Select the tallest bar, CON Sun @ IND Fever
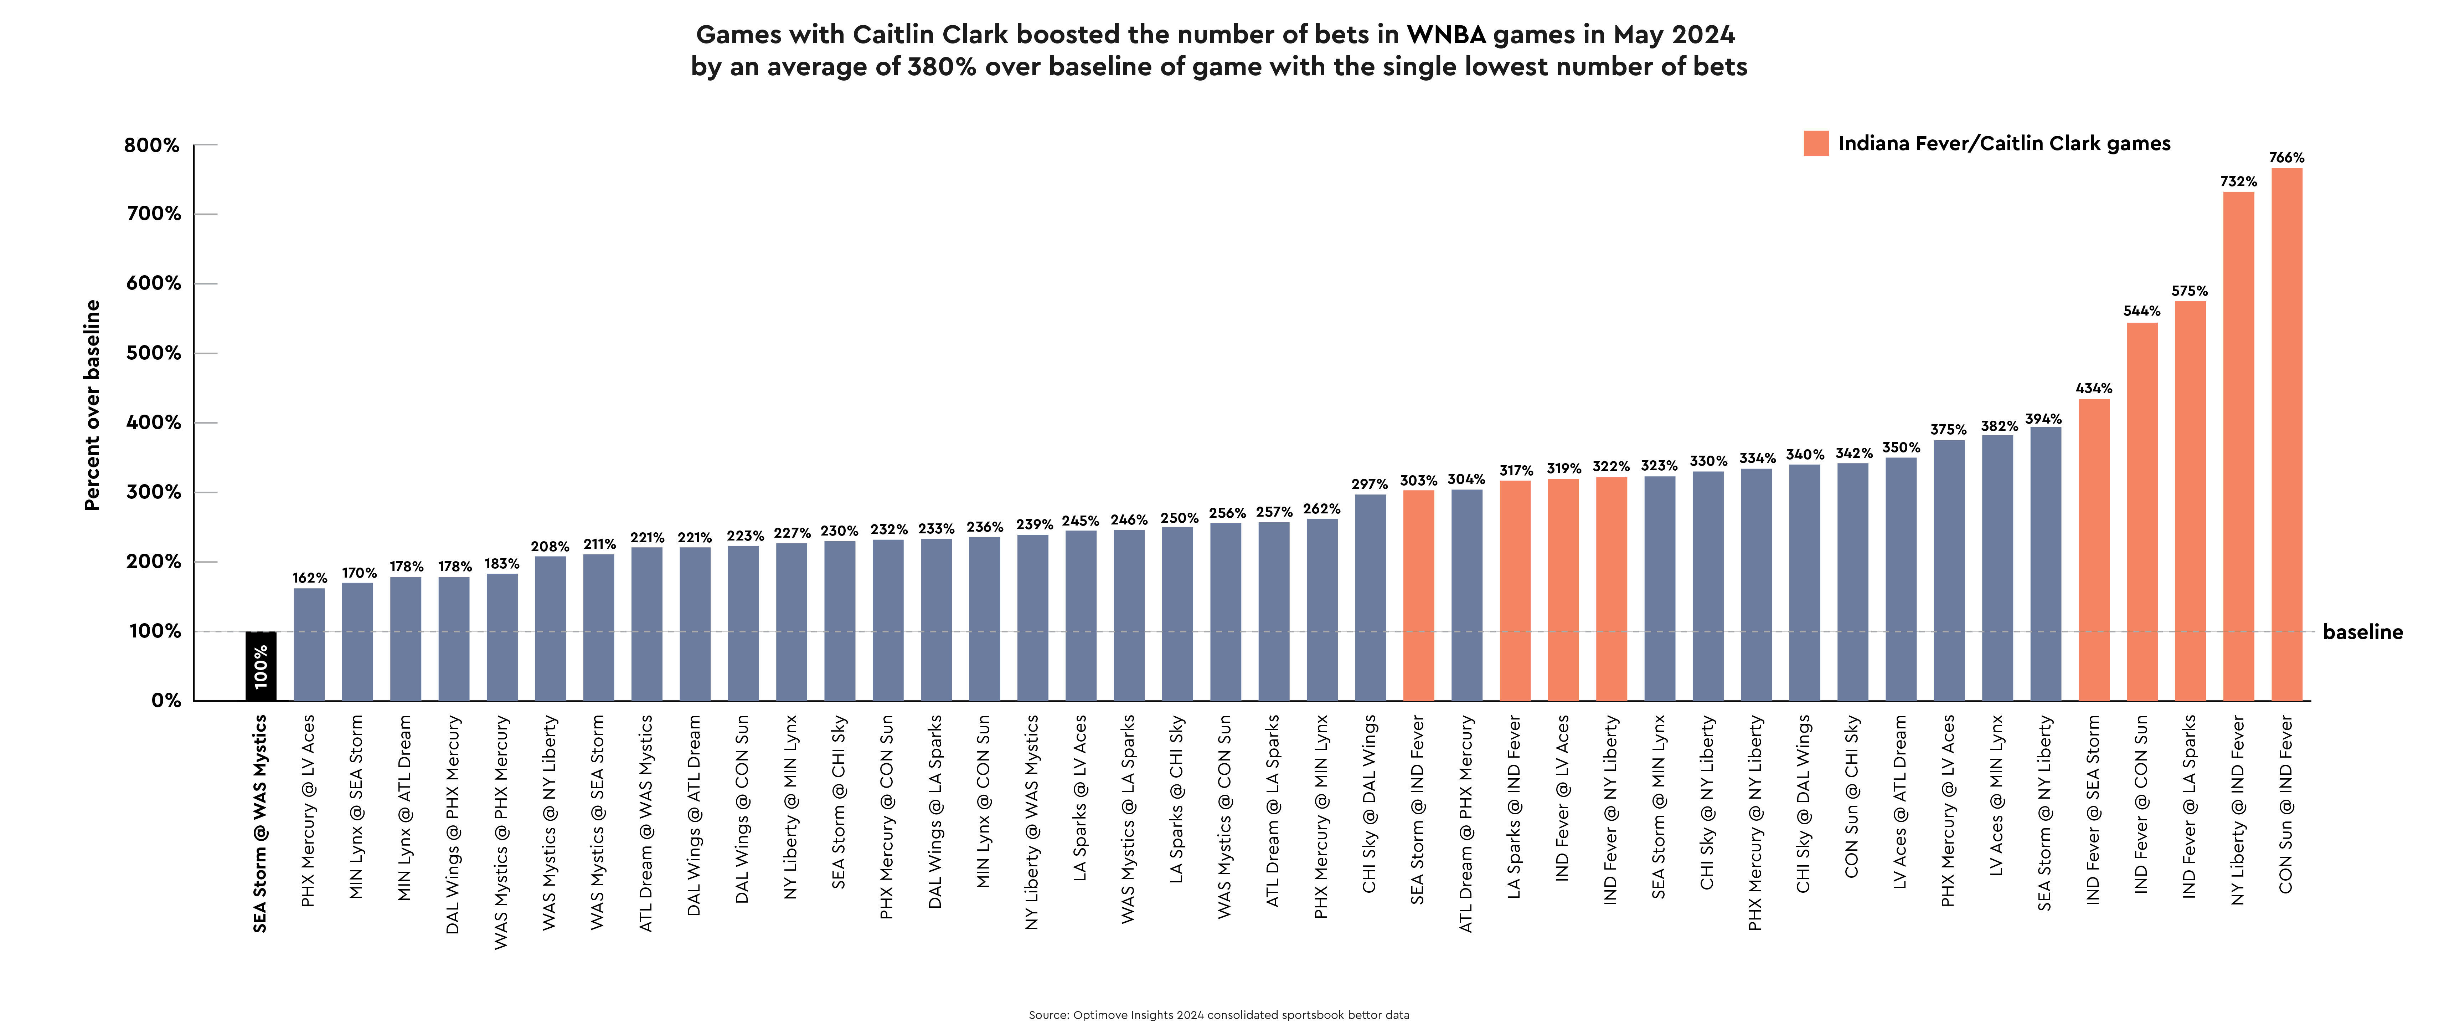coord(2286,436)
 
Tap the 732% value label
coord(2238,181)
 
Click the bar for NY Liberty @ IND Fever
coord(2238,445)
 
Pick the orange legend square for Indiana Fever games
coord(1815,143)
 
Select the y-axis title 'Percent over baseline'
coord(92,405)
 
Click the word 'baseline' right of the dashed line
coord(2362,632)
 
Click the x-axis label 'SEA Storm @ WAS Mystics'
coord(261,824)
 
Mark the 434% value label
coord(2093,388)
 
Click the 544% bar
coord(2142,511)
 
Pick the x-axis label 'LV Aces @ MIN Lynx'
coord(1997,795)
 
